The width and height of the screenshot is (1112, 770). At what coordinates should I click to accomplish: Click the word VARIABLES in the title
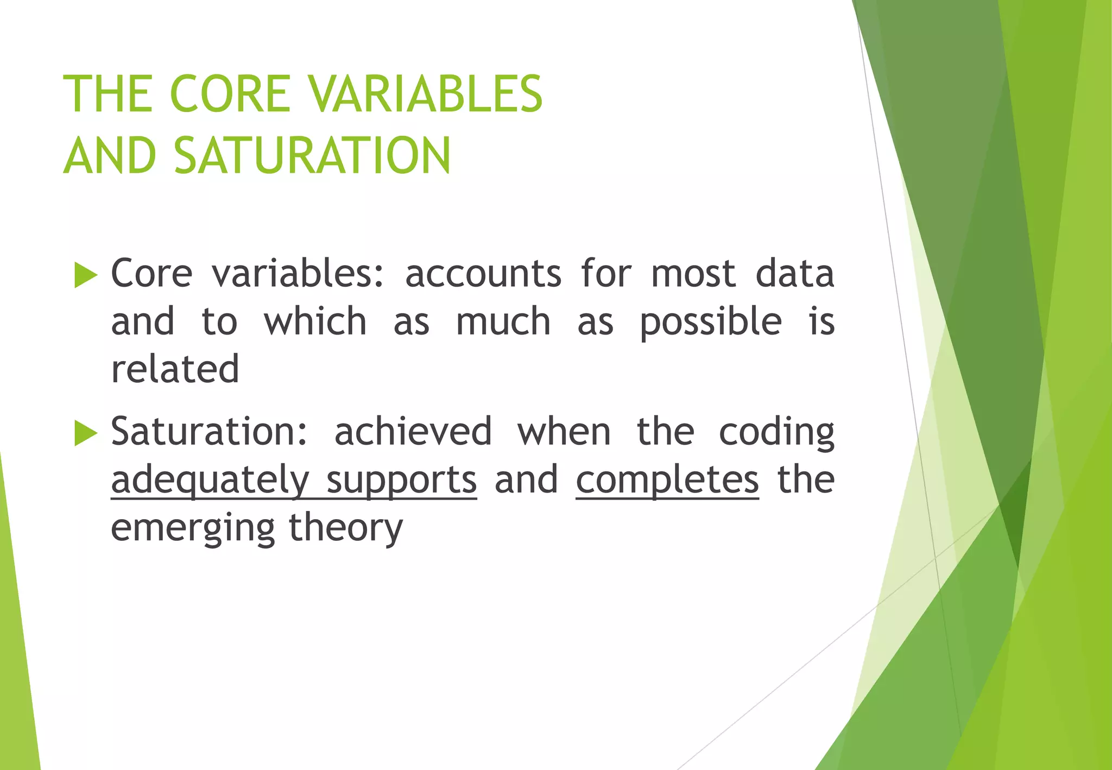click(x=425, y=93)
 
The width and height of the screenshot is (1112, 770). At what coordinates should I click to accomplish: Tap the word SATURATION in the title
click(x=312, y=156)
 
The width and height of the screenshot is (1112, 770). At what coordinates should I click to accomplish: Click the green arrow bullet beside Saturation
click(x=86, y=433)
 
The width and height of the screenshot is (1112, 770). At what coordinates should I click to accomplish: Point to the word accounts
click(x=483, y=273)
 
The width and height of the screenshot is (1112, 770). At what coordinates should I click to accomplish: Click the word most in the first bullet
click(x=693, y=273)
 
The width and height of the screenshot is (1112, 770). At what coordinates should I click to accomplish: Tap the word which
click(x=315, y=321)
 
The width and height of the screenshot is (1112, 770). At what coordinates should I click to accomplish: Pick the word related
click(x=175, y=369)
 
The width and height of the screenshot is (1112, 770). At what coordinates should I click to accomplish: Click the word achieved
click(x=413, y=432)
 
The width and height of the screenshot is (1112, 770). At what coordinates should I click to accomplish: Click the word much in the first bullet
click(x=503, y=321)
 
